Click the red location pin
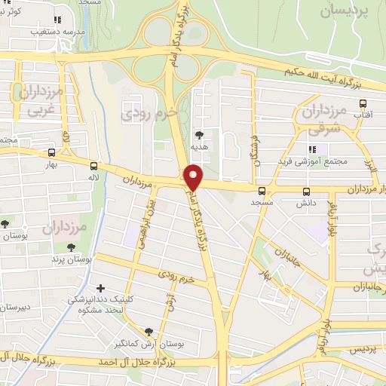[x=194, y=178]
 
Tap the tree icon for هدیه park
[x=200, y=135]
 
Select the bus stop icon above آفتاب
[x=363, y=103]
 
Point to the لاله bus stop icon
[x=93, y=166]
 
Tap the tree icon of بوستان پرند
[x=71, y=247]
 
